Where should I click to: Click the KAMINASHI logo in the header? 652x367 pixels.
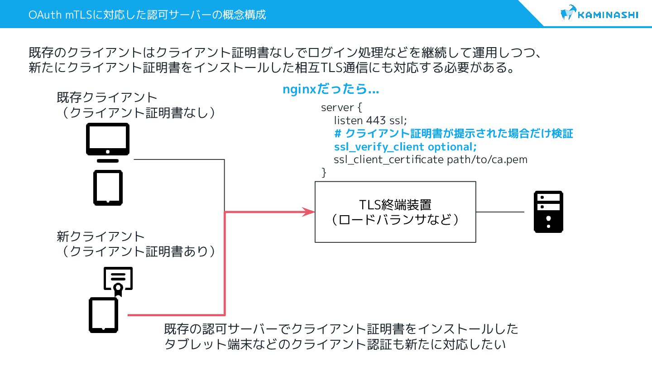click(x=599, y=14)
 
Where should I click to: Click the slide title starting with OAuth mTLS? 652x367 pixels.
click(x=147, y=14)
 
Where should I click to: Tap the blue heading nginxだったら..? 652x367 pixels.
click(x=331, y=89)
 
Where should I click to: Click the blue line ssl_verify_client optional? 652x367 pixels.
click(x=405, y=147)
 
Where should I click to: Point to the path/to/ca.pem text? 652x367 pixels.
click(x=487, y=159)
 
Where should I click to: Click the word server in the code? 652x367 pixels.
click(x=336, y=108)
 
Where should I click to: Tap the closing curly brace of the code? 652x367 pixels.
click(x=324, y=172)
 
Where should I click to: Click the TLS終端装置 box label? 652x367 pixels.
click(x=395, y=205)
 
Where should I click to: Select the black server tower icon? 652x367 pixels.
click(x=548, y=212)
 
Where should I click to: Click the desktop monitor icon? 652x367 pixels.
click(x=108, y=142)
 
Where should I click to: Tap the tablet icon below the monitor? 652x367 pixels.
click(x=108, y=187)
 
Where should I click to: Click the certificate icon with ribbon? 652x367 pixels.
click(x=118, y=281)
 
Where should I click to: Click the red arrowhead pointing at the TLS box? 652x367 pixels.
click(x=309, y=212)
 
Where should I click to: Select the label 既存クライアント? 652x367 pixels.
click(x=107, y=97)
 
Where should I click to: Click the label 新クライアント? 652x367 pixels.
click(x=101, y=236)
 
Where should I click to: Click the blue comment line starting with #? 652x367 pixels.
click(x=453, y=134)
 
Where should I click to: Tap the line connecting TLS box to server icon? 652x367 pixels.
click(x=500, y=212)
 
